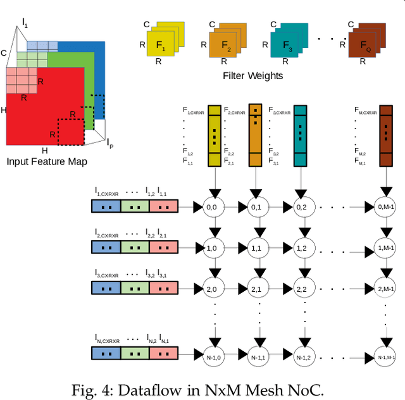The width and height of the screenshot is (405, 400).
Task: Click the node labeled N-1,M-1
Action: [385, 356]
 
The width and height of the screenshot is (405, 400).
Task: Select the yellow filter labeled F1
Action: [161, 46]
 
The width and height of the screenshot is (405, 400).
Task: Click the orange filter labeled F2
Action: [226, 46]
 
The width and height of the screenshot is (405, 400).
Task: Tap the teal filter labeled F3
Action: [289, 46]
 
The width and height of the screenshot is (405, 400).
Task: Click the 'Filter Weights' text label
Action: [252, 76]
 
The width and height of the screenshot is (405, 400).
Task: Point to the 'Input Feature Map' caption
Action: [46, 161]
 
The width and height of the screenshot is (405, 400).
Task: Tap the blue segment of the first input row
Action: [105, 206]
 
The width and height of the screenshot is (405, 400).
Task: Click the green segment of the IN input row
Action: [134, 356]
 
